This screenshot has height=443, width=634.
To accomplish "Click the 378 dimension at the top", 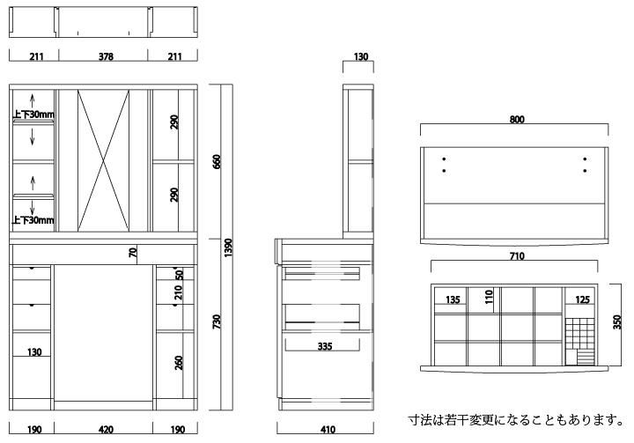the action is pos(106,56).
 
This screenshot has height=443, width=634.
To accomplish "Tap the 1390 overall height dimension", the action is pos(228,247).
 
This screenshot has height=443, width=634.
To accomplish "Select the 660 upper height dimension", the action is pos(217,161).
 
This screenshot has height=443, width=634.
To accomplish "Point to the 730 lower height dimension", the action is pos(217,321).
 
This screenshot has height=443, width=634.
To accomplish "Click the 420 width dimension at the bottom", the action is pos(106,429).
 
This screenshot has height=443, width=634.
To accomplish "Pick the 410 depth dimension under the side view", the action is pos(328,429).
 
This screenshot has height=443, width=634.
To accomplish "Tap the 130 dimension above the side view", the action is pos(361,56).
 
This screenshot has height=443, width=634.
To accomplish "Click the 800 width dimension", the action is pos(517,120).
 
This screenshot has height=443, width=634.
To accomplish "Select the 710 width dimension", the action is pos(517,256).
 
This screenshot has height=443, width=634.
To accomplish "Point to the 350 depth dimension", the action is pos(617,322).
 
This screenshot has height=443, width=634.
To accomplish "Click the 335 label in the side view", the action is pos(325,346).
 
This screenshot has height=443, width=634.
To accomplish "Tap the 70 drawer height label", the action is pos(133,253).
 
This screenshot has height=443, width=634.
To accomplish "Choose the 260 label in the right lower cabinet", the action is pos(179,363).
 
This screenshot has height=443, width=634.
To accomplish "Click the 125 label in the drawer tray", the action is pos(582,299).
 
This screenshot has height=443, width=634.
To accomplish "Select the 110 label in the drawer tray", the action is pos(490,297).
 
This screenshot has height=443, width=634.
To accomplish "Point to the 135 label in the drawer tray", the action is pos(453,299).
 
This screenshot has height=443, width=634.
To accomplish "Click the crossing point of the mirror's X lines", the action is pos(104,160).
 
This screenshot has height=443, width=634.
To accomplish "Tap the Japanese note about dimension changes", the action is pos(517,420).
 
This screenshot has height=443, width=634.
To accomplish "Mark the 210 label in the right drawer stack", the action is pos(179,292).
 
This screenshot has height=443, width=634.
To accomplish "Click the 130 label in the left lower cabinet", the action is pos(34,352).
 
